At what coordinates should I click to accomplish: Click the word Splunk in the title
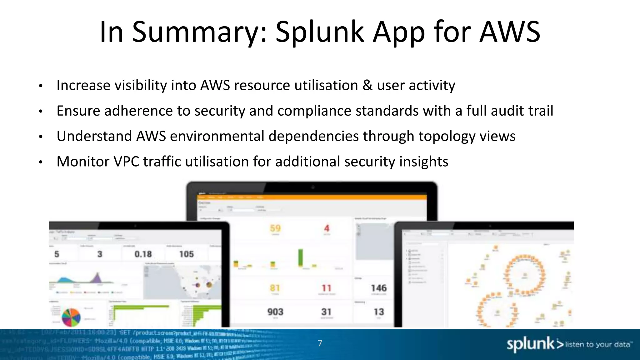(320, 32)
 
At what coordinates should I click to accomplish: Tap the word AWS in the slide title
(510, 32)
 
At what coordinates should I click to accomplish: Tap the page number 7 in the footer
(320, 343)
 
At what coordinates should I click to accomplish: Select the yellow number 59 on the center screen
(275, 228)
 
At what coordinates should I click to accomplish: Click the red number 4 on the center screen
(327, 228)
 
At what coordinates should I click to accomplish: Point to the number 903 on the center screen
(275, 312)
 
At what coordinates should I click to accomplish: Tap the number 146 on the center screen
(379, 288)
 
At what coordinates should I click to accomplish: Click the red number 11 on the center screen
(327, 288)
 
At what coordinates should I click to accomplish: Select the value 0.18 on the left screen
(143, 254)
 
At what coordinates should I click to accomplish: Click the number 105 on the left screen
(187, 254)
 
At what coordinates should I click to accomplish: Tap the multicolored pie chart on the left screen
(71, 317)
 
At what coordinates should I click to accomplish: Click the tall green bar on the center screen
(301, 257)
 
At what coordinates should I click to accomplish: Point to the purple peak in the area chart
(97, 278)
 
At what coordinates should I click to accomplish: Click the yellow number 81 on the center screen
(275, 288)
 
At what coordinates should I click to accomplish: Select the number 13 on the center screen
(379, 312)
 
